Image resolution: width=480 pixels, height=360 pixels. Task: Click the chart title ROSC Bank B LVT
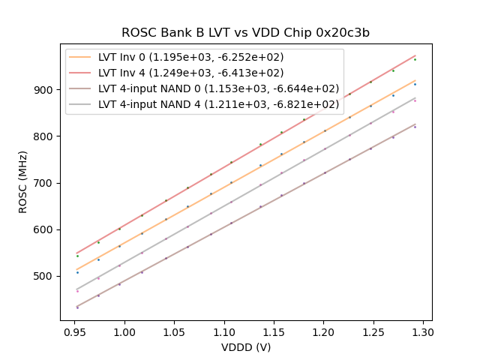(x=245, y=33)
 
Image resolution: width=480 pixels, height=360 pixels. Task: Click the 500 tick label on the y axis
(x=46, y=276)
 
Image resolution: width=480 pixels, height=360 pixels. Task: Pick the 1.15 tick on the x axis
(x=274, y=320)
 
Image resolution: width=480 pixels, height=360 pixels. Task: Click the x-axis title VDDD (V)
(x=245, y=346)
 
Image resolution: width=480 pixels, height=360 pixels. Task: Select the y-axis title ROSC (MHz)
(x=23, y=181)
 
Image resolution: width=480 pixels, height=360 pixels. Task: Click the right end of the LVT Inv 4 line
(x=415, y=55)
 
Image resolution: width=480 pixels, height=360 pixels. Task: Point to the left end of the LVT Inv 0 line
(x=77, y=270)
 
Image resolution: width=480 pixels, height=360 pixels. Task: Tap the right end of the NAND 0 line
(x=415, y=124)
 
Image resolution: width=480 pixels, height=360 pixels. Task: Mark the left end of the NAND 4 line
(x=77, y=289)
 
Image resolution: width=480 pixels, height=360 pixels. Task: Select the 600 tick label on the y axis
(x=46, y=229)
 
